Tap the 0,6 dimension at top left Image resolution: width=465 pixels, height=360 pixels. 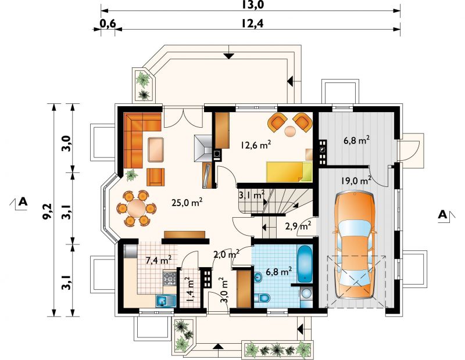click(108, 23)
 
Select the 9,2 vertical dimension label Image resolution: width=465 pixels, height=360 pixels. click(47, 211)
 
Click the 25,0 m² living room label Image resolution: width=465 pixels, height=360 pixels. click(187, 203)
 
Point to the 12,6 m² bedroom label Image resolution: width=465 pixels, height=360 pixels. click(256, 145)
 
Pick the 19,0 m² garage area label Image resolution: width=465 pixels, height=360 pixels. click(356, 180)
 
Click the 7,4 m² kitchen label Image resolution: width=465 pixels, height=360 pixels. click(159, 260)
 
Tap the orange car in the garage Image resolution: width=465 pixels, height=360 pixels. click(355, 245)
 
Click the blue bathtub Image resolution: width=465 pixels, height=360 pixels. click(305, 264)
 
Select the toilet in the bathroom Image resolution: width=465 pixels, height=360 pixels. click(262, 297)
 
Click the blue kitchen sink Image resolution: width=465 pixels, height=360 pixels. click(166, 301)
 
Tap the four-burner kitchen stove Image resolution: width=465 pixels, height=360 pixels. click(170, 279)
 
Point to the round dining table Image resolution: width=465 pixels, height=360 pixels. click(137, 208)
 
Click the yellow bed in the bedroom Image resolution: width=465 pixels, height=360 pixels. click(289, 172)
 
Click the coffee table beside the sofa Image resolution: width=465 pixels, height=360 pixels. click(156, 150)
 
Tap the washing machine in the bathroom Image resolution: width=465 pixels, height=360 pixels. click(306, 294)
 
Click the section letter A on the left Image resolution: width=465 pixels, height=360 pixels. click(23, 202)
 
